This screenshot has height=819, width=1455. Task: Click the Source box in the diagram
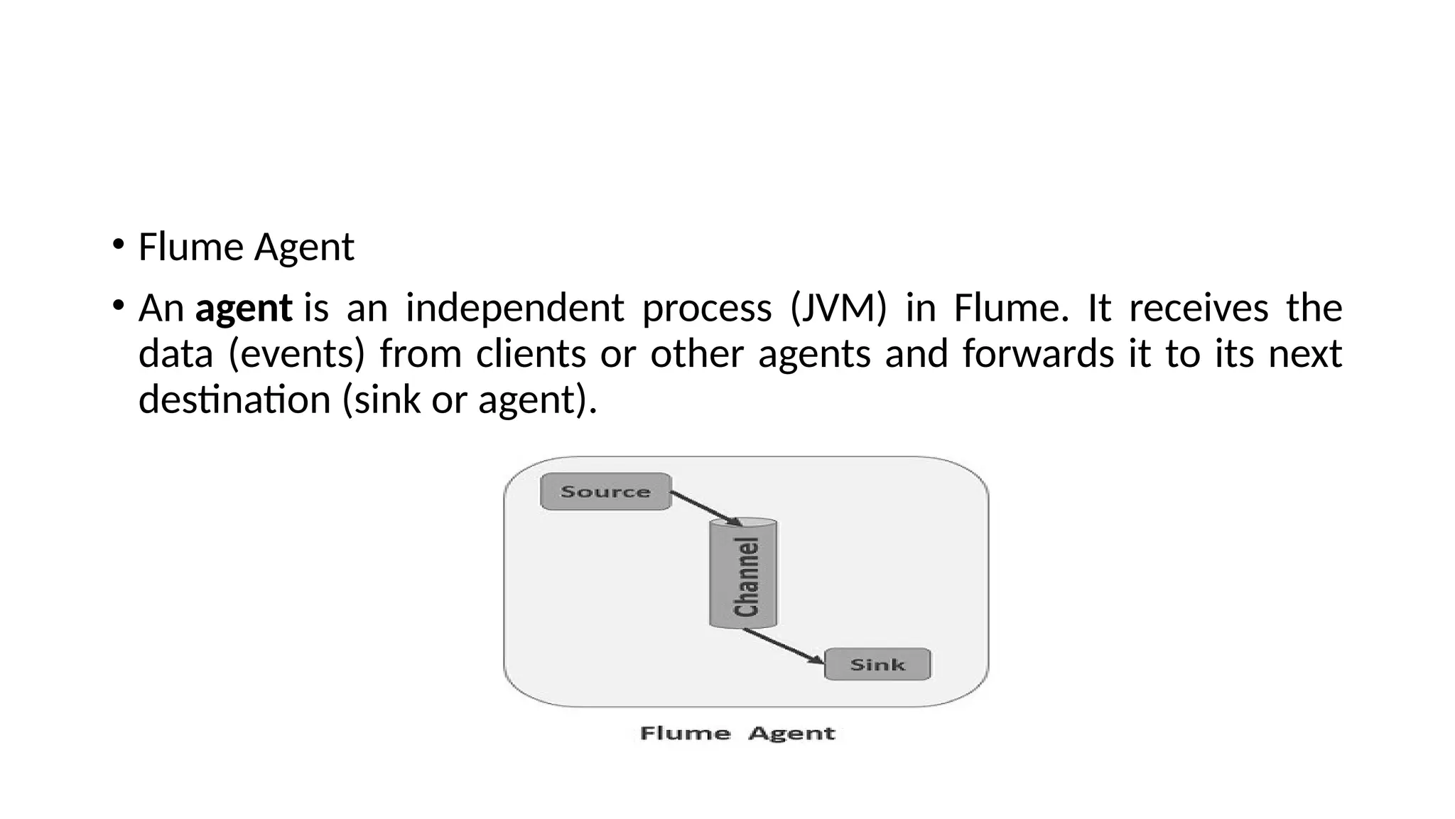[605, 491]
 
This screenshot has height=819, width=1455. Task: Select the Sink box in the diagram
[877, 665]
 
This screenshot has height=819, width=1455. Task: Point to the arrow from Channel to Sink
[784, 646]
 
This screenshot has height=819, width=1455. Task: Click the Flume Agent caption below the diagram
[737, 733]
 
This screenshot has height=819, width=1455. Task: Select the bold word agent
[244, 309]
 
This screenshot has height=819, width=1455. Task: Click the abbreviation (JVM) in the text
[838, 309]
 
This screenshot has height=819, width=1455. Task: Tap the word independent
[514, 309]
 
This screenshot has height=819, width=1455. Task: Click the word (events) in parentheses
[296, 354]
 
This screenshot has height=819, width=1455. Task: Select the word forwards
[1038, 353]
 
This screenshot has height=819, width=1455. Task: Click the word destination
[234, 399]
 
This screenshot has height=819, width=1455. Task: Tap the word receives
[1199, 309]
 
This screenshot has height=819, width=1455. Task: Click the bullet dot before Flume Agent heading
[118, 246]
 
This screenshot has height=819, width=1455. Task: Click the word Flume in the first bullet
[190, 247]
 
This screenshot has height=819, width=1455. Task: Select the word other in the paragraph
[697, 353]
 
